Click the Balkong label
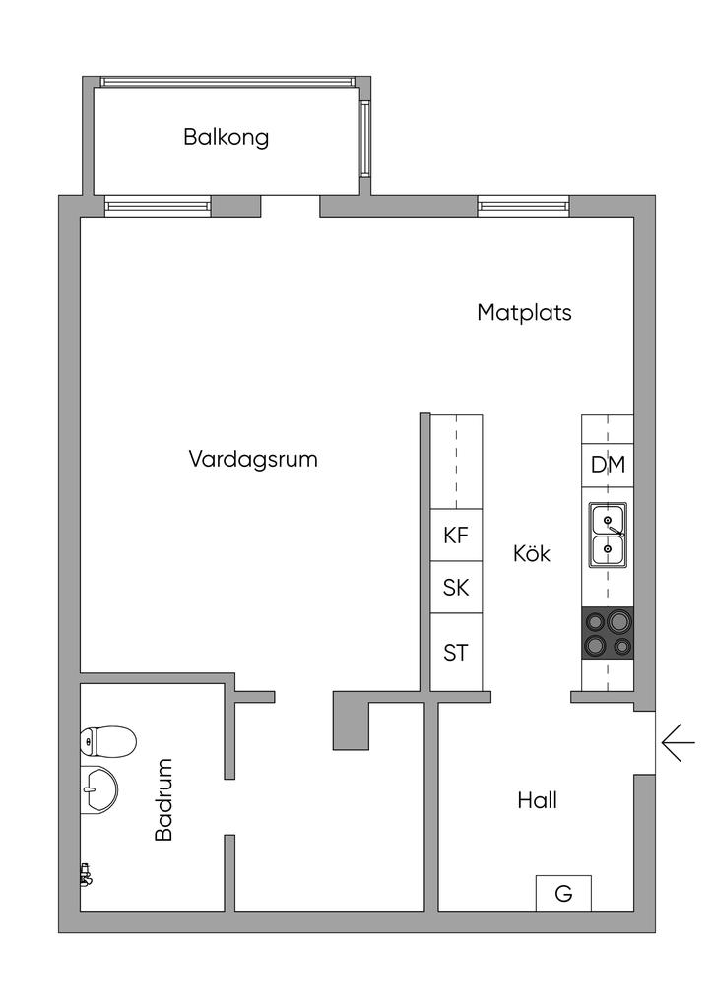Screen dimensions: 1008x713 coord(226,137)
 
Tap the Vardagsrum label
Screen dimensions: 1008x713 coord(253,459)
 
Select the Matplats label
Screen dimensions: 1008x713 coord(524,313)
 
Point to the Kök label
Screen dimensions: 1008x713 coord(532,554)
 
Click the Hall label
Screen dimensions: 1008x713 coord(537,800)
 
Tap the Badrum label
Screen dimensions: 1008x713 coord(164,798)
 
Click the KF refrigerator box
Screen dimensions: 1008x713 coord(456,535)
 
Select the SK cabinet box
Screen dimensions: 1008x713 coord(456,588)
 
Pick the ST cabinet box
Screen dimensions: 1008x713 coord(456,652)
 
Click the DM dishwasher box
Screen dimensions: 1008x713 coord(608,465)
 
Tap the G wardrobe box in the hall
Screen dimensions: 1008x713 coord(563,893)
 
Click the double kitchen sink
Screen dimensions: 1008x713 coord(608,534)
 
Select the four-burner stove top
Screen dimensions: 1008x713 coord(608,633)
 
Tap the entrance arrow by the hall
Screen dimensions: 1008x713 coord(678,742)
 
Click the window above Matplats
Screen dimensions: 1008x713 coord(523,206)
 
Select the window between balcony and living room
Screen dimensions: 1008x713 coord(158,206)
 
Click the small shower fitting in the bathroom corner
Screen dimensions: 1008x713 coord(86,873)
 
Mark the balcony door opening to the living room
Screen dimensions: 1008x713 coord(291,206)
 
